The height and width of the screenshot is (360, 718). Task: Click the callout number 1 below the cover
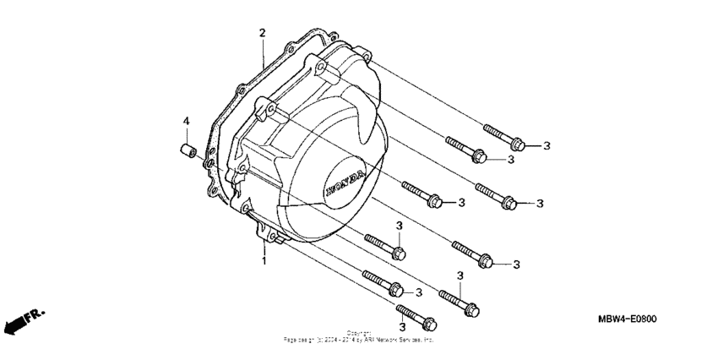[x=264, y=261]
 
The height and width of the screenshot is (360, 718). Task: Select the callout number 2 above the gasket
[x=263, y=33]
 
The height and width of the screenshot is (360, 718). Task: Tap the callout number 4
[x=185, y=122]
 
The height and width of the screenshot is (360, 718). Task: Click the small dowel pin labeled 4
[x=188, y=151]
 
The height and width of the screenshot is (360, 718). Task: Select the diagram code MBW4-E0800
[x=627, y=319]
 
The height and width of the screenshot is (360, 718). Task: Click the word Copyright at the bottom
[x=358, y=333]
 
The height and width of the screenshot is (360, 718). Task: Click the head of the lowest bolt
[x=430, y=324]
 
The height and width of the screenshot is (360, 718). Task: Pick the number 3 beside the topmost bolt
[x=547, y=146]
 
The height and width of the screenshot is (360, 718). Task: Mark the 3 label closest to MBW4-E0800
[x=516, y=265]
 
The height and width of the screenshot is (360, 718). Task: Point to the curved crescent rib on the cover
[x=370, y=118]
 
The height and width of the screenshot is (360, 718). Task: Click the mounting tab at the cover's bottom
[x=275, y=244]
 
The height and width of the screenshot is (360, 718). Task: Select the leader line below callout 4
[x=186, y=136]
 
